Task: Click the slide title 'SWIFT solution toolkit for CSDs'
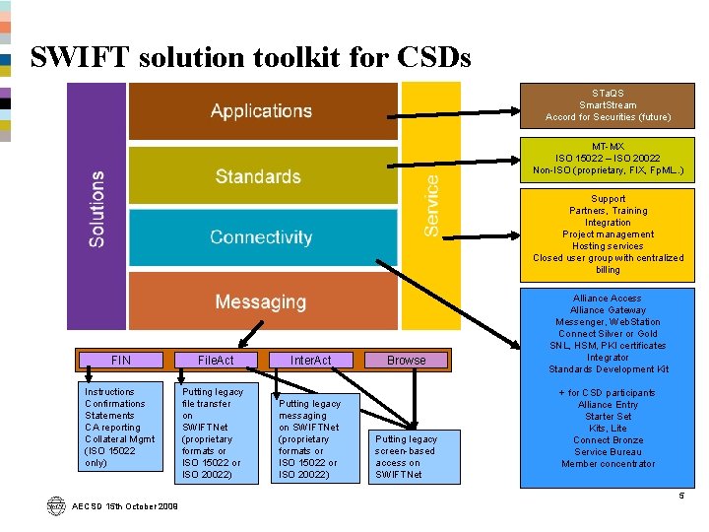point(250,57)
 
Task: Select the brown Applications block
point(262,111)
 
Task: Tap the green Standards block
point(259,177)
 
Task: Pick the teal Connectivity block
point(261,237)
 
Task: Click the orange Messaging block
point(261,301)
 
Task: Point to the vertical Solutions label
point(97,208)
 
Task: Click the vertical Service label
point(432,205)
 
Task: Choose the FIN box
point(121,361)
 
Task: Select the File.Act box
point(216,361)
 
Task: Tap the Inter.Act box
point(310,361)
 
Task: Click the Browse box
point(406,361)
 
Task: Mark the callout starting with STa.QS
point(608,105)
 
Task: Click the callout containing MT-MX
point(608,158)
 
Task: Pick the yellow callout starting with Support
point(608,234)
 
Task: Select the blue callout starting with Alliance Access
point(608,333)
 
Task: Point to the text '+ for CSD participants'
point(608,393)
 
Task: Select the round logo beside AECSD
point(55,505)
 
